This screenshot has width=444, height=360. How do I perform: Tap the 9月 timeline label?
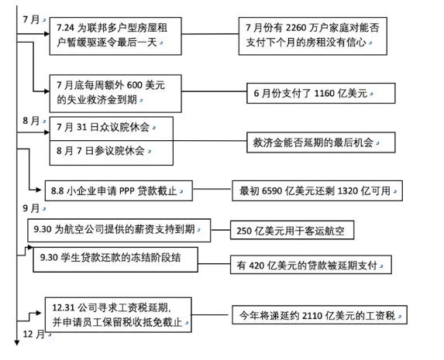coord(32,208)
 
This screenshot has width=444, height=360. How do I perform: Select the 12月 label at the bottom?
coord(33,334)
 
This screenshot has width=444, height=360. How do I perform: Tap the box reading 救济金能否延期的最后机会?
coord(318,142)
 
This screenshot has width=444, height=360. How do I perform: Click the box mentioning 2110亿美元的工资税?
coord(319,316)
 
